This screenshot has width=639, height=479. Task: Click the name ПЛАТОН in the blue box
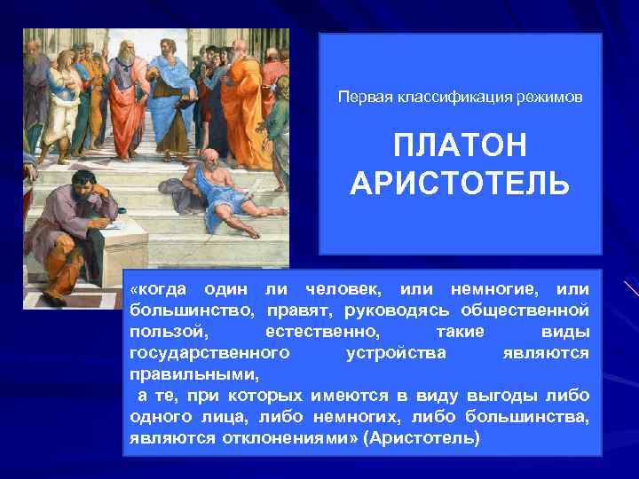tap(460, 144)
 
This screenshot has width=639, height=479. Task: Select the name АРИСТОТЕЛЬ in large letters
tap(460, 183)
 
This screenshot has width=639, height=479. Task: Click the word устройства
tap(394, 353)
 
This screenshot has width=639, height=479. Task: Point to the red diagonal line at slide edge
tap(630, 287)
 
